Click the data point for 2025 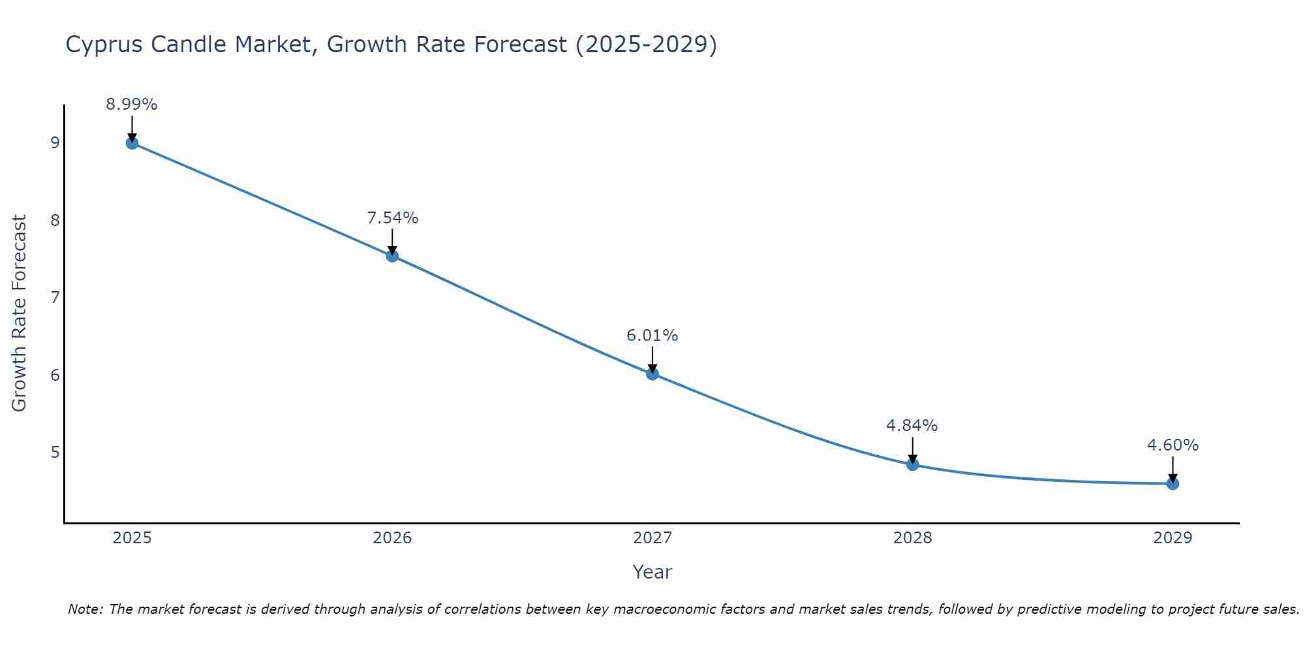pyautogui.click(x=132, y=143)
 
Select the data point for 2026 pyautogui.click(x=392, y=256)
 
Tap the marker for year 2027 pyautogui.click(x=652, y=374)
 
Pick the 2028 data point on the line pyautogui.click(x=912, y=464)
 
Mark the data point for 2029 pyautogui.click(x=1173, y=483)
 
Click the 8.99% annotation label pyautogui.click(x=132, y=104)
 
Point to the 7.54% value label pyautogui.click(x=392, y=218)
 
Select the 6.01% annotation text pyautogui.click(x=652, y=336)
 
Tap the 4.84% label pyautogui.click(x=912, y=426)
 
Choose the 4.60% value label pyautogui.click(x=1173, y=445)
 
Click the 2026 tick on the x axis pyautogui.click(x=392, y=538)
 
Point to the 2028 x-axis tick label pyautogui.click(x=912, y=538)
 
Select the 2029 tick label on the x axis pyautogui.click(x=1173, y=538)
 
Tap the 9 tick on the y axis pyautogui.click(x=55, y=143)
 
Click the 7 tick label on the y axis pyautogui.click(x=55, y=298)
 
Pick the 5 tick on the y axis pyautogui.click(x=55, y=452)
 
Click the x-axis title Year pyautogui.click(x=652, y=572)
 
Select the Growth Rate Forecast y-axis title pyautogui.click(x=20, y=313)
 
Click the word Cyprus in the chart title pyautogui.click(x=104, y=45)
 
